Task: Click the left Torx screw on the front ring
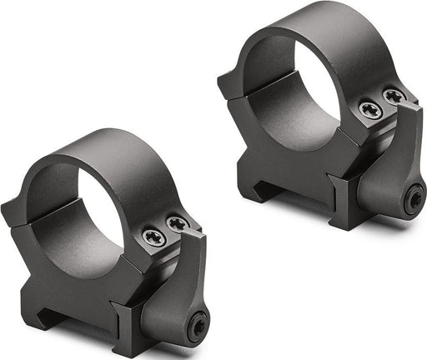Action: pyautogui.click(x=153, y=238)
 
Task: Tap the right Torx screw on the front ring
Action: pyautogui.click(x=176, y=223)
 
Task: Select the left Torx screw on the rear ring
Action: pyautogui.click(x=370, y=110)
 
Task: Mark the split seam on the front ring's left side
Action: pyautogui.click(x=42, y=218)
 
